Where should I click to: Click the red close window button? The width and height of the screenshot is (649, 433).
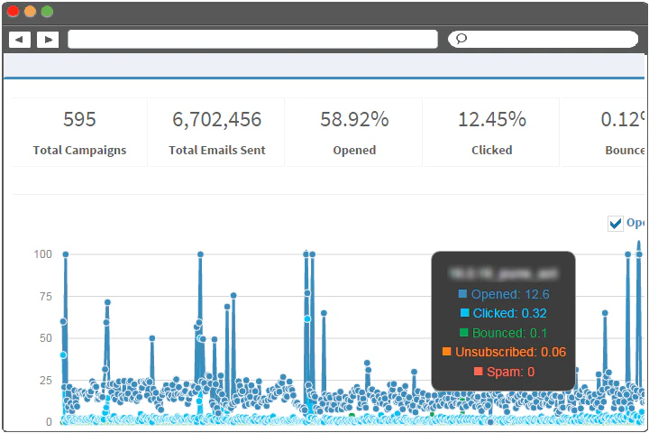(13, 12)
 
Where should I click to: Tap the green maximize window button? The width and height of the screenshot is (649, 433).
(47, 12)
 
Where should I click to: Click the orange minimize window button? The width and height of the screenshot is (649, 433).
(30, 12)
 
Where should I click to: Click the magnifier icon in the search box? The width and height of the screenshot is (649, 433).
(461, 39)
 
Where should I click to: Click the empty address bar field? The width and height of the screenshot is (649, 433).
(252, 39)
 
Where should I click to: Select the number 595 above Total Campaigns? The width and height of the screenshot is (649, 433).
(79, 119)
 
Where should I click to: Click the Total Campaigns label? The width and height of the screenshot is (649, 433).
(79, 150)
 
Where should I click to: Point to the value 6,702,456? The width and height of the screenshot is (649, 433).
(216, 119)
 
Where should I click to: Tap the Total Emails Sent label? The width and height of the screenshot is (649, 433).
(216, 150)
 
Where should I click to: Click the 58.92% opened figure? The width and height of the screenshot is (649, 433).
(354, 119)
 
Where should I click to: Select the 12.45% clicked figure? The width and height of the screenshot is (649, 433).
(492, 119)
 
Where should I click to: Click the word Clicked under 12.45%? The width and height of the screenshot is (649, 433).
(492, 150)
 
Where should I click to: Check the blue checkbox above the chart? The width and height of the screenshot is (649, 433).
(616, 224)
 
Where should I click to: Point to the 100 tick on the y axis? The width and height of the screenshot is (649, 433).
(42, 254)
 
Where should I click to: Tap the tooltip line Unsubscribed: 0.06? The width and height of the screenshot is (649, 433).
(504, 352)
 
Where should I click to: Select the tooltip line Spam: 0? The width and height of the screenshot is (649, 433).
(504, 371)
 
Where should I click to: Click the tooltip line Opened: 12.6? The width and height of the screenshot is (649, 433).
(504, 294)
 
